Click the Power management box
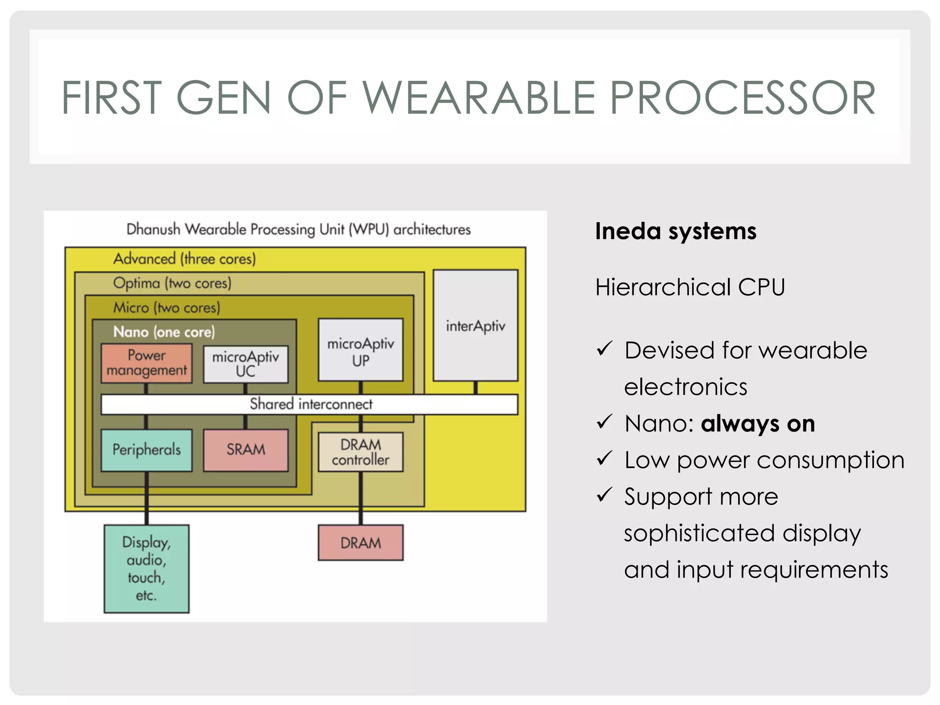pos(146,363)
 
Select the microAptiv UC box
pos(246,364)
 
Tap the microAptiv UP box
pos(361,350)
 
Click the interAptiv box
pos(476,325)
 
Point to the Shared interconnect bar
pos(310,404)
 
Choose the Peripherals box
pos(146,450)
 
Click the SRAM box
pos(246,450)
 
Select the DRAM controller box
pos(361,452)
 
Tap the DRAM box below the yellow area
pos(361,543)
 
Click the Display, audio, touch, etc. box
pos(146,569)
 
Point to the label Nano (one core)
pos(164,332)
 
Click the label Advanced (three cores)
pos(185,259)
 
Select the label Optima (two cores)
pos(172,283)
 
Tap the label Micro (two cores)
pos(167,308)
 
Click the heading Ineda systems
pos(676,231)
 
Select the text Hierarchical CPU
pos(690,287)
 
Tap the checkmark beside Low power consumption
pos(604,459)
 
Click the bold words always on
pos(758,423)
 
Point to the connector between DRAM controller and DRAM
pos(361,498)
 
